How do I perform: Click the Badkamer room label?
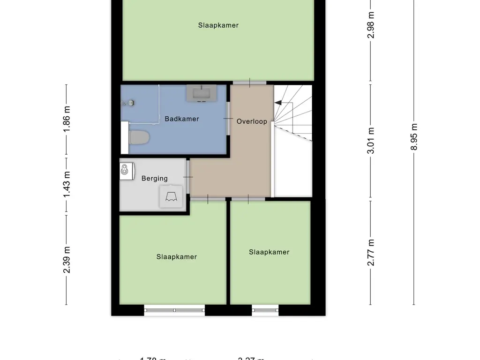click(x=182, y=119)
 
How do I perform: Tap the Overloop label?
click(x=252, y=121)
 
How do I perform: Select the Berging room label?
click(x=154, y=178)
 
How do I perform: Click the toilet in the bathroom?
click(x=139, y=137)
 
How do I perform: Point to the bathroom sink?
click(x=202, y=93)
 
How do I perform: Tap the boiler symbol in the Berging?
click(x=171, y=196)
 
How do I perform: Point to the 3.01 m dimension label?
click(x=371, y=141)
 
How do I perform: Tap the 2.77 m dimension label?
click(x=371, y=252)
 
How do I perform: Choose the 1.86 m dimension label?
click(x=67, y=119)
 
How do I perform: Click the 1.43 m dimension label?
click(x=67, y=184)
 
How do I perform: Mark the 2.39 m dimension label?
click(x=67, y=260)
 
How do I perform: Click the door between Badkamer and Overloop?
click(x=228, y=119)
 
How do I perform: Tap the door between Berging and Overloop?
click(x=188, y=177)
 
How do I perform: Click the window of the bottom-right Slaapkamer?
click(x=265, y=310)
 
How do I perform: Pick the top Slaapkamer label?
click(x=218, y=25)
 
